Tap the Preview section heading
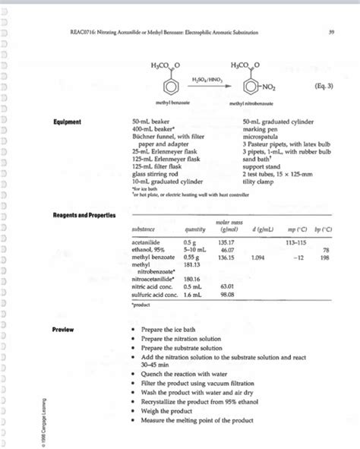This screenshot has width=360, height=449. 64,330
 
